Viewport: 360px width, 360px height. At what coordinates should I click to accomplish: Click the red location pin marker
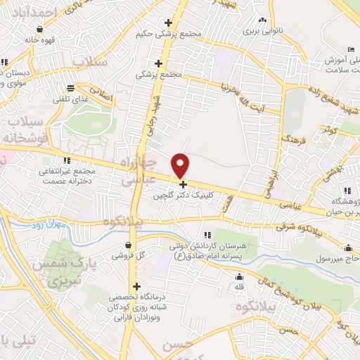point(181,165)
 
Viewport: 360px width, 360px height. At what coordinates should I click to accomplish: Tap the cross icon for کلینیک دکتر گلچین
point(184,184)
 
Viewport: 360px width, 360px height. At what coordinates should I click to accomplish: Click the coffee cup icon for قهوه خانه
point(40,30)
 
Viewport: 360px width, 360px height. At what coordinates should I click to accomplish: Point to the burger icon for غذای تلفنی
point(70,89)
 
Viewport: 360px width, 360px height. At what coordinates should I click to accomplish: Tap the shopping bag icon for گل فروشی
point(127,245)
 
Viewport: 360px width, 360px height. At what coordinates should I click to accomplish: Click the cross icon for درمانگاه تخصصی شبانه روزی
point(136,287)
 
